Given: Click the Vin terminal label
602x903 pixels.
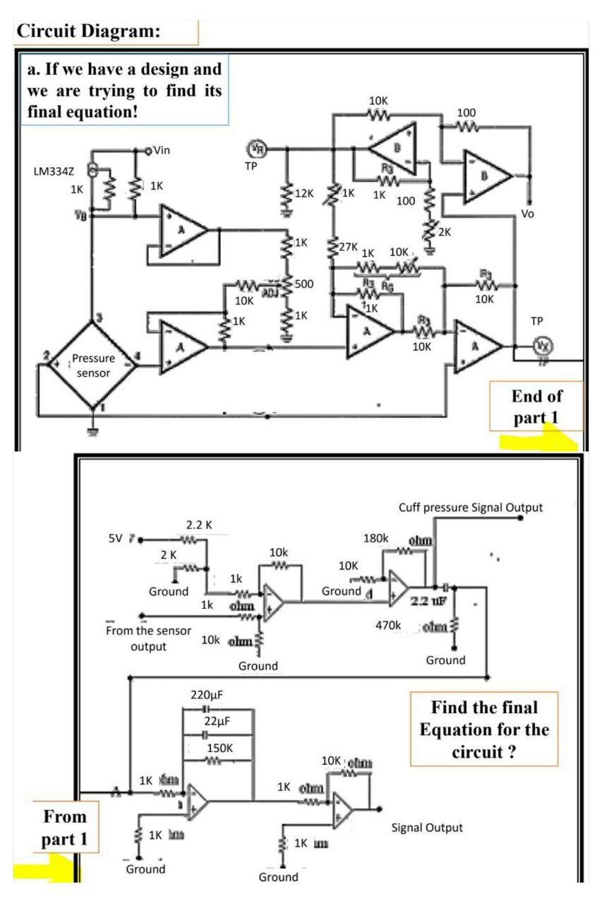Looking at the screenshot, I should [x=162, y=150].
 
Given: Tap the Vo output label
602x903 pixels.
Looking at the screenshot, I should [x=528, y=212].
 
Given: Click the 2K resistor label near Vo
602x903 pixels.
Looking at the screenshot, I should [x=443, y=231].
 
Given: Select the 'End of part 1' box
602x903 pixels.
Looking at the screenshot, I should [x=536, y=406].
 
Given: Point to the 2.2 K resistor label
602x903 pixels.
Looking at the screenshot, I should [x=198, y=526].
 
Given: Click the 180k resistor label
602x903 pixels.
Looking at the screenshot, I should [x=376, y=538].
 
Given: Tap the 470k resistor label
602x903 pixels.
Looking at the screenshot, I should [x=388, y=625].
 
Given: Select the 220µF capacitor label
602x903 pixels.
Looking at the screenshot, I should [x=207, y=694].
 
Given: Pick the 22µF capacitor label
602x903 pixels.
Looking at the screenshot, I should [x=216, y=721].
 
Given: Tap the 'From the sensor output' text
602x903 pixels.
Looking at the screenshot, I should [x=148, y=638].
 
